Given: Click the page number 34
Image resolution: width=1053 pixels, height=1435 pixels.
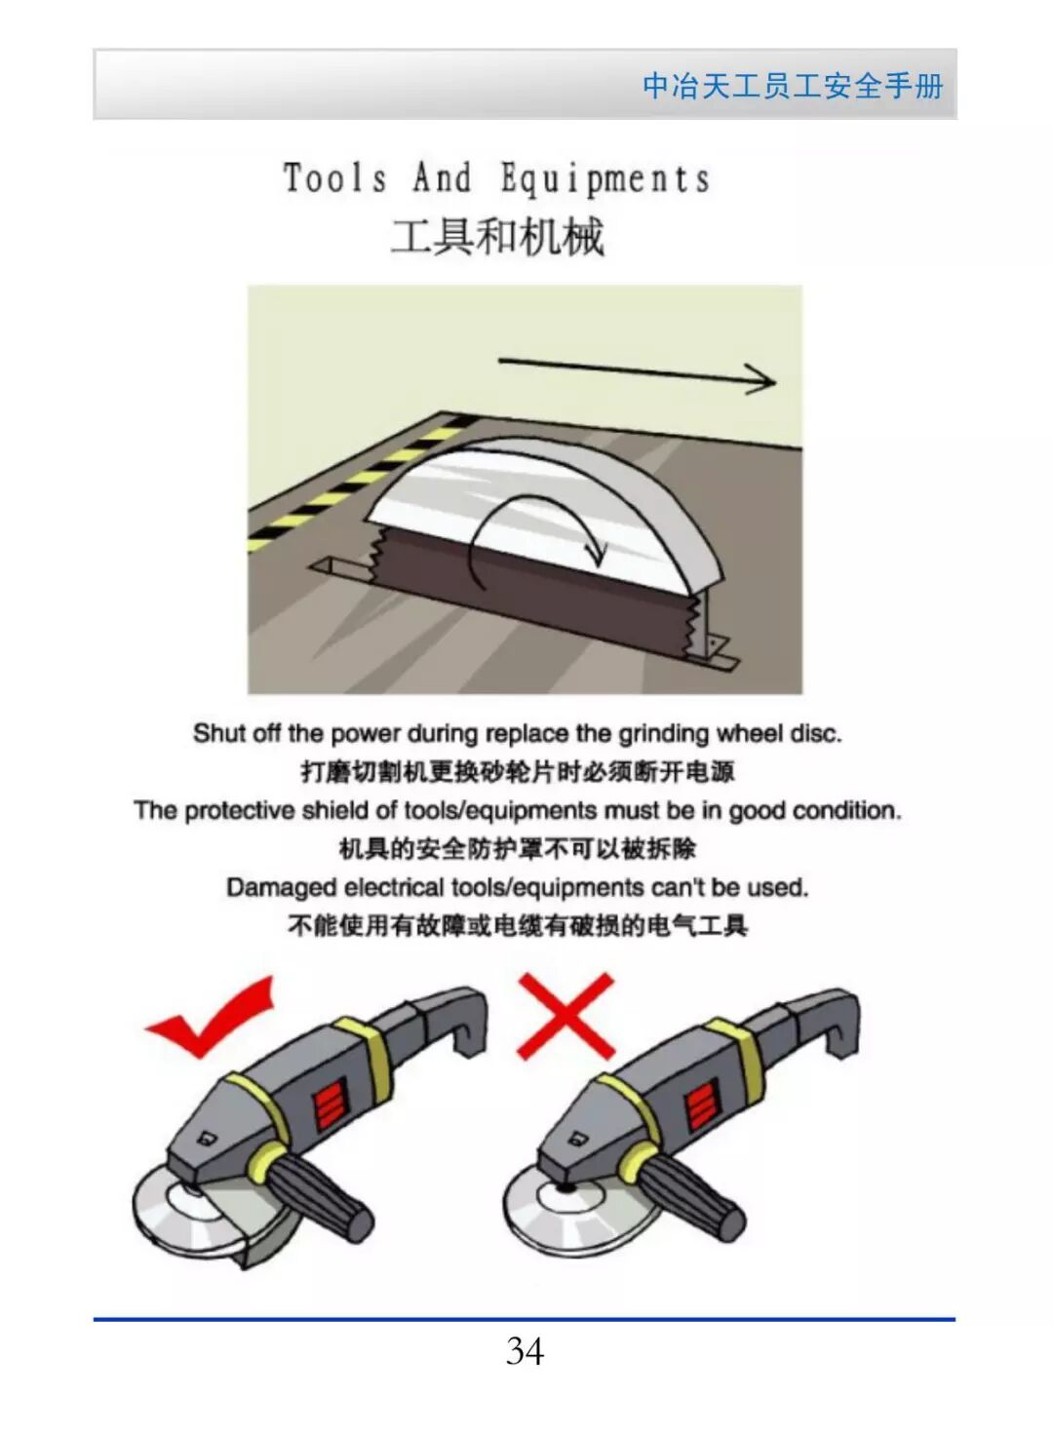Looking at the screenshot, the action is point(525,1352).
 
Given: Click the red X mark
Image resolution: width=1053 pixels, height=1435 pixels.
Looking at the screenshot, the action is point(565,1016).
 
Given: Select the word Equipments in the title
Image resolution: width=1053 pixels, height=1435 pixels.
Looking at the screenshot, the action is point(605,178).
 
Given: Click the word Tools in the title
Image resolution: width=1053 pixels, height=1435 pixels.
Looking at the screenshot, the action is point(335,177).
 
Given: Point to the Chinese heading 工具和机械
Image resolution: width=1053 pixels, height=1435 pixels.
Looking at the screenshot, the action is point(497,237).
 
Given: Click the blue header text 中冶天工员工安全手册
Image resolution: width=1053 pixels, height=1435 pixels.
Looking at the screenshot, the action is point(793,86).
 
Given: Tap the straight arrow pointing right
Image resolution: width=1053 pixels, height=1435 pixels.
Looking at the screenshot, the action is point(637,372).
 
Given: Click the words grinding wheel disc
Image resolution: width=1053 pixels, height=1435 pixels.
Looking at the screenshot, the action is point(729,733).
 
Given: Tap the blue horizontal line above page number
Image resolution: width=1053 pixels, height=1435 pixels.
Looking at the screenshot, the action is point(525,1319).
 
